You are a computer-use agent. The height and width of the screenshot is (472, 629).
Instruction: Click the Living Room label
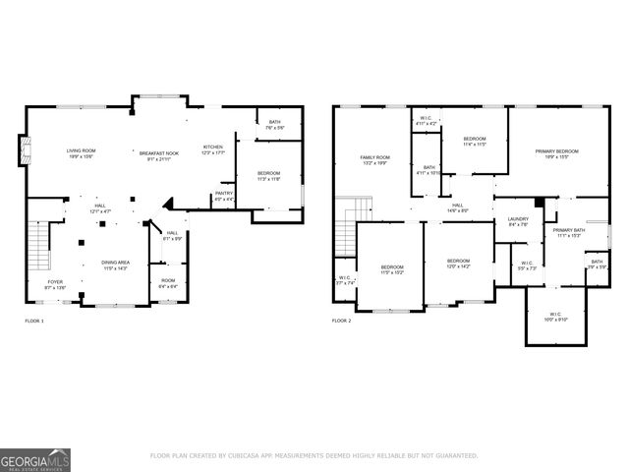[80, 153]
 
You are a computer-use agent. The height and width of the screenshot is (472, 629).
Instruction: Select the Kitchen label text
[213, 149]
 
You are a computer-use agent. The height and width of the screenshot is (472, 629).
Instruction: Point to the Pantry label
[224, 195]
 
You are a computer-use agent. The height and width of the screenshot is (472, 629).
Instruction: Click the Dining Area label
[116, 265]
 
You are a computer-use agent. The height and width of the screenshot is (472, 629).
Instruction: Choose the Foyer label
[55, 283]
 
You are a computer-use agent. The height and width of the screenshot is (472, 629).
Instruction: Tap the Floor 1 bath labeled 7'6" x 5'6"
[273, 125]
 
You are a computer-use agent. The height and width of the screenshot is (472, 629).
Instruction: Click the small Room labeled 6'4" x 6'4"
[168, 282]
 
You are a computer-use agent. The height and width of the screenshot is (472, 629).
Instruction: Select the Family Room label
[374, 160]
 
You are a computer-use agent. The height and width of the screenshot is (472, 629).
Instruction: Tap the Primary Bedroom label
[556, 153]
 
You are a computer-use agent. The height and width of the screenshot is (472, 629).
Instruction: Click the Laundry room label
[518, 221]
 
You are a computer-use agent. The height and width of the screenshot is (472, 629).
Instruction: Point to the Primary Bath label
[569, 232]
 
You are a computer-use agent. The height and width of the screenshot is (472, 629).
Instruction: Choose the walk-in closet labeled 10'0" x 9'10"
[556, 317]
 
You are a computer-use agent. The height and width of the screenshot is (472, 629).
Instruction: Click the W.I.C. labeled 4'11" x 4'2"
[424, 120]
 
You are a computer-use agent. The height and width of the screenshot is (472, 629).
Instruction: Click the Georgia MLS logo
[34, 457]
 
